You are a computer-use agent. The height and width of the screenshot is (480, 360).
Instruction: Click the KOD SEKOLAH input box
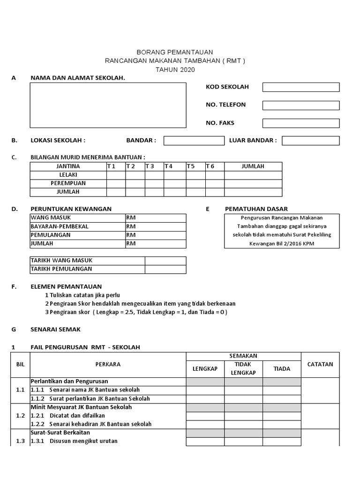point(300,87)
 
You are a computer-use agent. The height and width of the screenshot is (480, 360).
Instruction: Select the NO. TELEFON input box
point(300,105)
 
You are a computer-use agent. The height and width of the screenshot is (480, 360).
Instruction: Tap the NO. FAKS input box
point(300,123)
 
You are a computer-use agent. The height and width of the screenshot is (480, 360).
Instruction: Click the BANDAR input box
point(194,141)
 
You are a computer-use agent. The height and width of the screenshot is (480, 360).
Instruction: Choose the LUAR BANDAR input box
point(310,141)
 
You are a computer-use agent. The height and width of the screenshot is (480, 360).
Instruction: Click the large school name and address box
point(108,105)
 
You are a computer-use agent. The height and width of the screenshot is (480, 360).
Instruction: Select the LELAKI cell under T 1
point(116,175)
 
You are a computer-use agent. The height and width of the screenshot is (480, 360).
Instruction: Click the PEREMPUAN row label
point(68,183)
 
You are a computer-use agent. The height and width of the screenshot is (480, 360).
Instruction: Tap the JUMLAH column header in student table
point(253,166)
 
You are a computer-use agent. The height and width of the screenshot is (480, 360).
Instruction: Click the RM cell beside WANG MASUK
point(156,218)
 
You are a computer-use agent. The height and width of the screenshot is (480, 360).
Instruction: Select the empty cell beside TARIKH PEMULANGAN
point(165,269)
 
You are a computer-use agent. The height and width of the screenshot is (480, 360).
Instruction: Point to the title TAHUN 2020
point(175,70)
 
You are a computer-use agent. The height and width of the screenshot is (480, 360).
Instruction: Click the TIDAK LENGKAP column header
point(243,368)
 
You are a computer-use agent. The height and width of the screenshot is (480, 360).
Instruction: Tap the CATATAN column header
point(320,364)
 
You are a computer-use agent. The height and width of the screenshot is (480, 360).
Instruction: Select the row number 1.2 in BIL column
point(20,415)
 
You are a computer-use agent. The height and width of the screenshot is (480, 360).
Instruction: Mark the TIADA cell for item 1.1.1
point(282,390)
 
